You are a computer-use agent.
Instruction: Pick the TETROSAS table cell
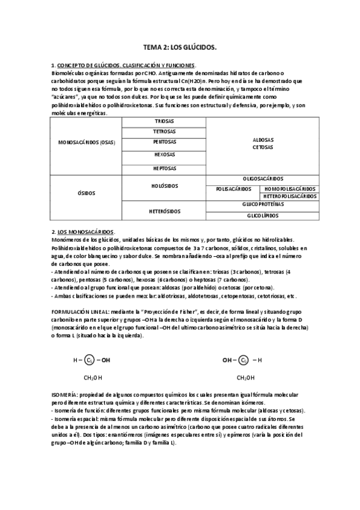pos(164,131)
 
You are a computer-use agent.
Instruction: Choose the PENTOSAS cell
pos(164,142)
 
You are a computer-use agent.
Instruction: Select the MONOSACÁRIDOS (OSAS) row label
pos(86,143)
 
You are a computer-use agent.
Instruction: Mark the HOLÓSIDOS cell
pos(164,186)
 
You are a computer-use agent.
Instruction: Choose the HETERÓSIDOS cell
pos(164,211)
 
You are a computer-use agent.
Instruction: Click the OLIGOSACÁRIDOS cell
pos(263,179)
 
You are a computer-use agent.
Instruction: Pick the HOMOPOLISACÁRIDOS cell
pos(290,188)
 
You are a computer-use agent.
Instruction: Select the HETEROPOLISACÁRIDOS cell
pos(290,196)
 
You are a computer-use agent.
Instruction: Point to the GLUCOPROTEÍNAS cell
pos(263,204)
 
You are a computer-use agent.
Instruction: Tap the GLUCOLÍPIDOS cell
pos(263,215)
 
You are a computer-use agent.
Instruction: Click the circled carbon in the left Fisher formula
pos(89,361)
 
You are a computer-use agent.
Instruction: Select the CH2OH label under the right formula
pos(245,378)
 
